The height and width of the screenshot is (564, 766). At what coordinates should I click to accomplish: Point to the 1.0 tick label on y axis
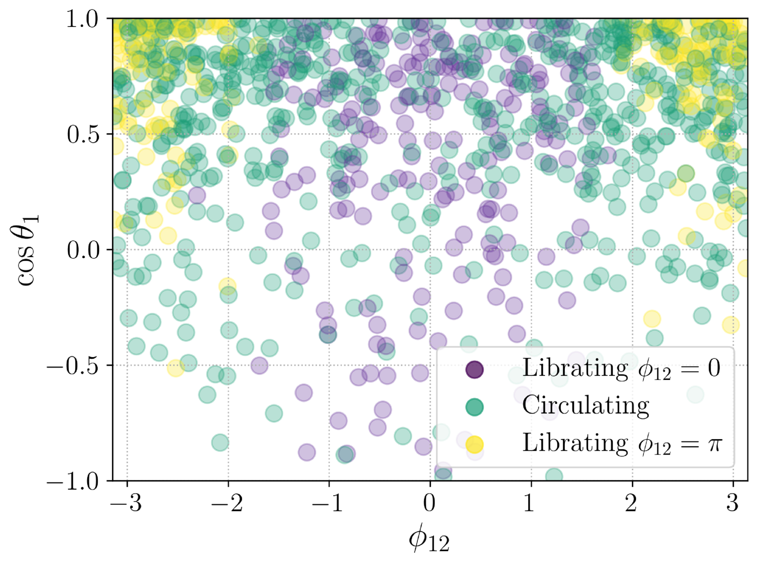pyautogui.click(x=82, y=20)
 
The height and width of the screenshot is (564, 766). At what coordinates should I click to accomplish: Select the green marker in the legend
pyautogui.click(x=474, y=407)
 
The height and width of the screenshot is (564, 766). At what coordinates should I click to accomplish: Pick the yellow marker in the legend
pyautogui.click(x=474, y=444)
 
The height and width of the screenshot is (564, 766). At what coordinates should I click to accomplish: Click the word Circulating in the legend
pyautogui.click(x=585, y=405)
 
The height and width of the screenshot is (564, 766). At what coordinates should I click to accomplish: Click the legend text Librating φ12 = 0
pyautogui.click(x=620, y=368)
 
